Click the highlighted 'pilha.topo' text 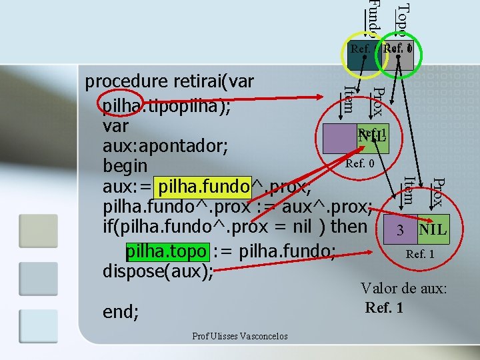coord(167,252)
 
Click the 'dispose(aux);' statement coord(158,272)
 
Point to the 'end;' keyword coord(121,311)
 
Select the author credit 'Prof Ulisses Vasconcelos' coord(240,336)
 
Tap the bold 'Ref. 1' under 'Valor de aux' coord(384,308)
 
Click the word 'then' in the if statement coord(349,226)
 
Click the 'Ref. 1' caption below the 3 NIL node coord(420,254)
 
